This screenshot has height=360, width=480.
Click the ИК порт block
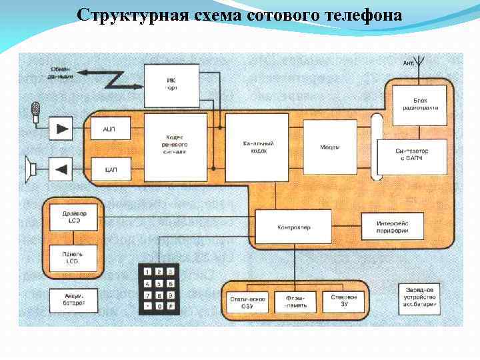pyautogui.click(x=172, y=85)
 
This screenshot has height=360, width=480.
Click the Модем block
pyautogui.click(x=330, y=147)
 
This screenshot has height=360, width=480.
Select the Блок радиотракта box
pyautogui.click(x=421, y=104)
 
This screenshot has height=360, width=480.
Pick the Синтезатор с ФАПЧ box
pyautogui.click(x=411, y=155)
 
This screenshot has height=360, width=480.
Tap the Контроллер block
pyautogui.click(x=293, y=227)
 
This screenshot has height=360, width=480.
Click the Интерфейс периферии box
pyautogui.click(x=392, y=227)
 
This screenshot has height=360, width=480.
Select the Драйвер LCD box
pyautogui.click(x=72, y=217)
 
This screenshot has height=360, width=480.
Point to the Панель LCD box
pyautogui.click(x=72, y=257)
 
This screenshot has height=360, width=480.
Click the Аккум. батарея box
pyautogui.click(x=74, y=301)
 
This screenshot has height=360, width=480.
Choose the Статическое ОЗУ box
pyautogui.click(x=247, y=301)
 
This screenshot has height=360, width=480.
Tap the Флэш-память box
pyautogui.click(x=295, y=301)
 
